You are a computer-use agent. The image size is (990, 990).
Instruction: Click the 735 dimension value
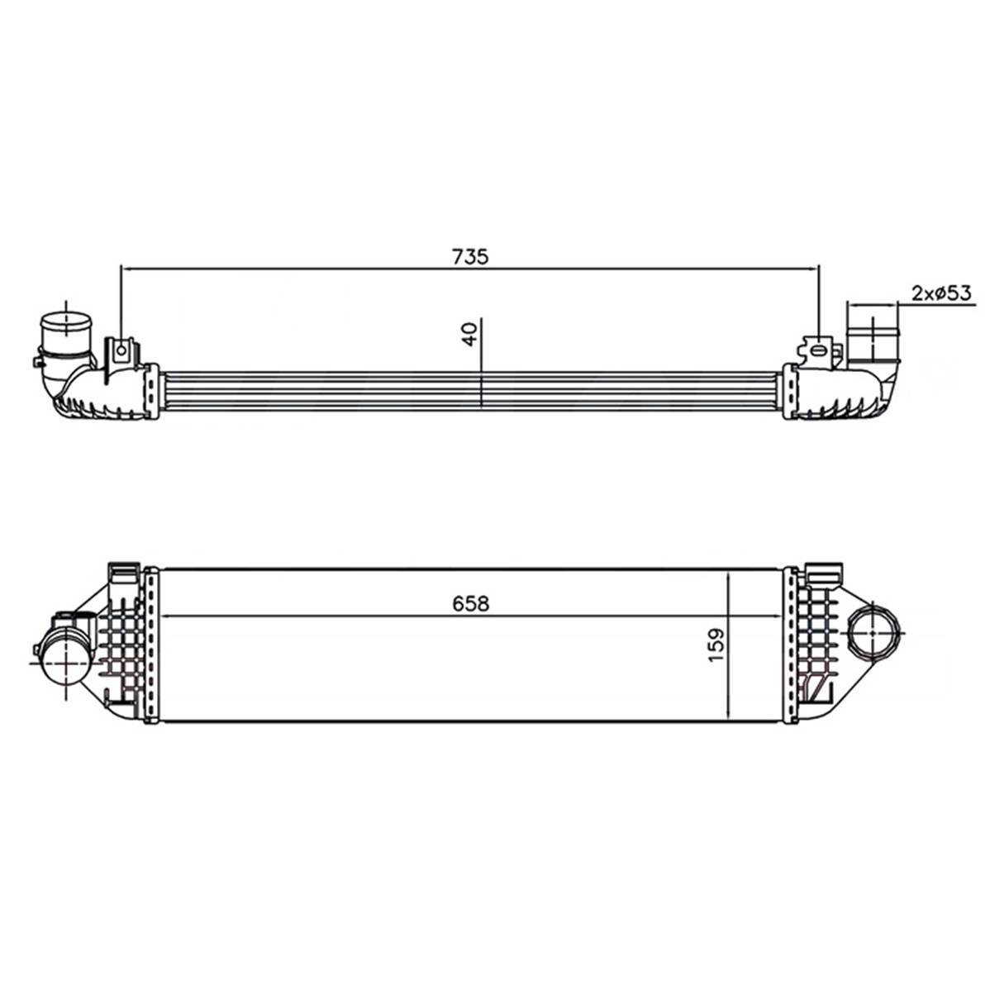(x=470, y=257)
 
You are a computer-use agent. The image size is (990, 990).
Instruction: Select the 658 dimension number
(x=471, y=604)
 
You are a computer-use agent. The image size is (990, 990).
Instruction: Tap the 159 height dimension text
(x=716, y=645)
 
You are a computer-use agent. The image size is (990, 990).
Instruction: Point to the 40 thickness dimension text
(x=469, y=334)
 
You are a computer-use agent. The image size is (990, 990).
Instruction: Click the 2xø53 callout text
(x=941, y=293)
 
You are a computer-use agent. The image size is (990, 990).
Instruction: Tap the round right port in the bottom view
(x=872, y=631)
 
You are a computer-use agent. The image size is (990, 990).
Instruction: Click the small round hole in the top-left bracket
(x=121, y=350)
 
